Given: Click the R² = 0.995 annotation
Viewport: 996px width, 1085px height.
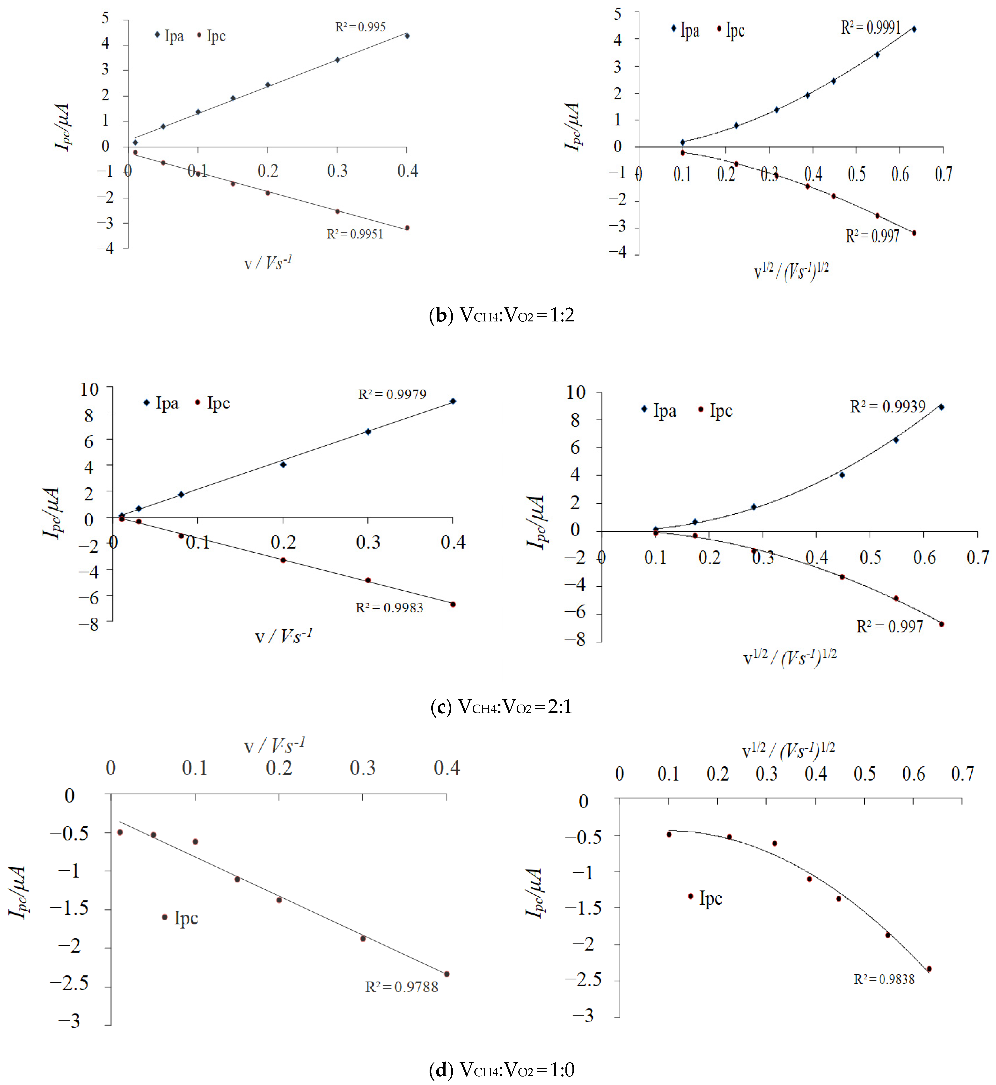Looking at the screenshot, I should (x=360, y=27).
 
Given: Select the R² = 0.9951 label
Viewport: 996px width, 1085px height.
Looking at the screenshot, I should (x=355, y=234).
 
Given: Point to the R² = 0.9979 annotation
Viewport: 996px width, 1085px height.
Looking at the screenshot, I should (x=392, y=394).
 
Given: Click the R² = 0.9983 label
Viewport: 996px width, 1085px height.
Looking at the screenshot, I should (x=389, y=608).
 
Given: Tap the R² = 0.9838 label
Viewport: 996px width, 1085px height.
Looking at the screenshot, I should (x=884, y=979).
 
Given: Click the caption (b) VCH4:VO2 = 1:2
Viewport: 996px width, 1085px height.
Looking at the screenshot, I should (x=501, y=315).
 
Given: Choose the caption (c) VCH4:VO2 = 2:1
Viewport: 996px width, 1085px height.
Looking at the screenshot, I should (x=501, y=706).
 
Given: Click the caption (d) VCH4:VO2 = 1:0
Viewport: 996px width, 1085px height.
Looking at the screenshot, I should (x=501, y=1069).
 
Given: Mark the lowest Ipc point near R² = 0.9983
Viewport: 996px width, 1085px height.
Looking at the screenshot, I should (x=453, y=604).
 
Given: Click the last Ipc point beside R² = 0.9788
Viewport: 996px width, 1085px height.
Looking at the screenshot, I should (x=446, y=974).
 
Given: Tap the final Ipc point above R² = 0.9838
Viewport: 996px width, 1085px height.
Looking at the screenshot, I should (x=929, y=969).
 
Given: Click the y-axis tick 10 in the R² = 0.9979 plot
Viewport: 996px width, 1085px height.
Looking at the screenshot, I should (x=89, y=389).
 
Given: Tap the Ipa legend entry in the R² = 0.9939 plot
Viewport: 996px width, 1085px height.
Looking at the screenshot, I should (x=659, y=411).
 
